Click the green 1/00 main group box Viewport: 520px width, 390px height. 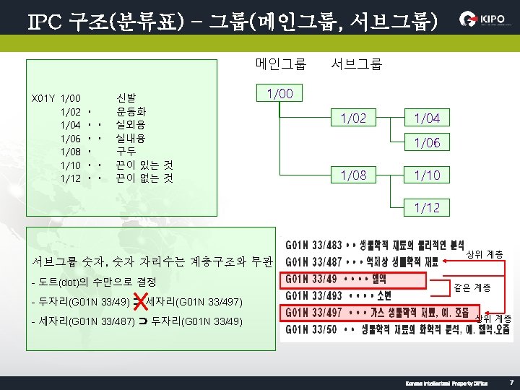279,94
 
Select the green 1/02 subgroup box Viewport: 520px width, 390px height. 353,118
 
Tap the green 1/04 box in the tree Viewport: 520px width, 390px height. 427,118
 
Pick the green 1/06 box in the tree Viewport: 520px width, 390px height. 427,143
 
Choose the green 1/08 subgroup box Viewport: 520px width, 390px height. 353,175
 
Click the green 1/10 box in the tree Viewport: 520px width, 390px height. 427,175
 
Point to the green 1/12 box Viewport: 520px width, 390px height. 427,208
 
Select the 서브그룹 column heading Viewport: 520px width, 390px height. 356,64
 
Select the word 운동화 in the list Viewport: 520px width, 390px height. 131,112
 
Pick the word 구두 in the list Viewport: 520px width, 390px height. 126,151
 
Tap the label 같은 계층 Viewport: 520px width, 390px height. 472,287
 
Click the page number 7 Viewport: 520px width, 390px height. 511,381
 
